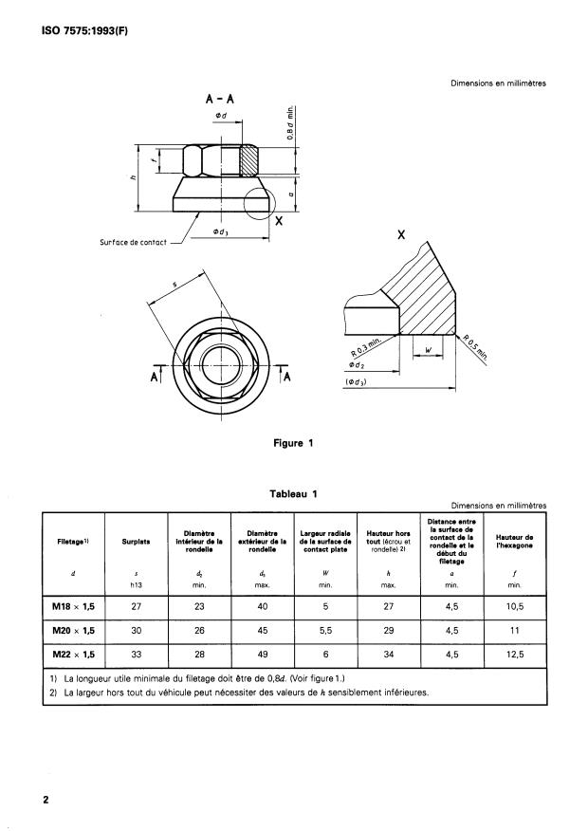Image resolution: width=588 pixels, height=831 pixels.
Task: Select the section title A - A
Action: [x=220, y=98]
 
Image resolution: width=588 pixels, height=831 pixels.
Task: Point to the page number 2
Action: [x=45, y=799]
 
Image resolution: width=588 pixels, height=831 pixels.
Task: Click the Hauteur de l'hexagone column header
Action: [x=513, y=544]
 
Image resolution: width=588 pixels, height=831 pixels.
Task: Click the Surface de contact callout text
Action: [x=133, y=242]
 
